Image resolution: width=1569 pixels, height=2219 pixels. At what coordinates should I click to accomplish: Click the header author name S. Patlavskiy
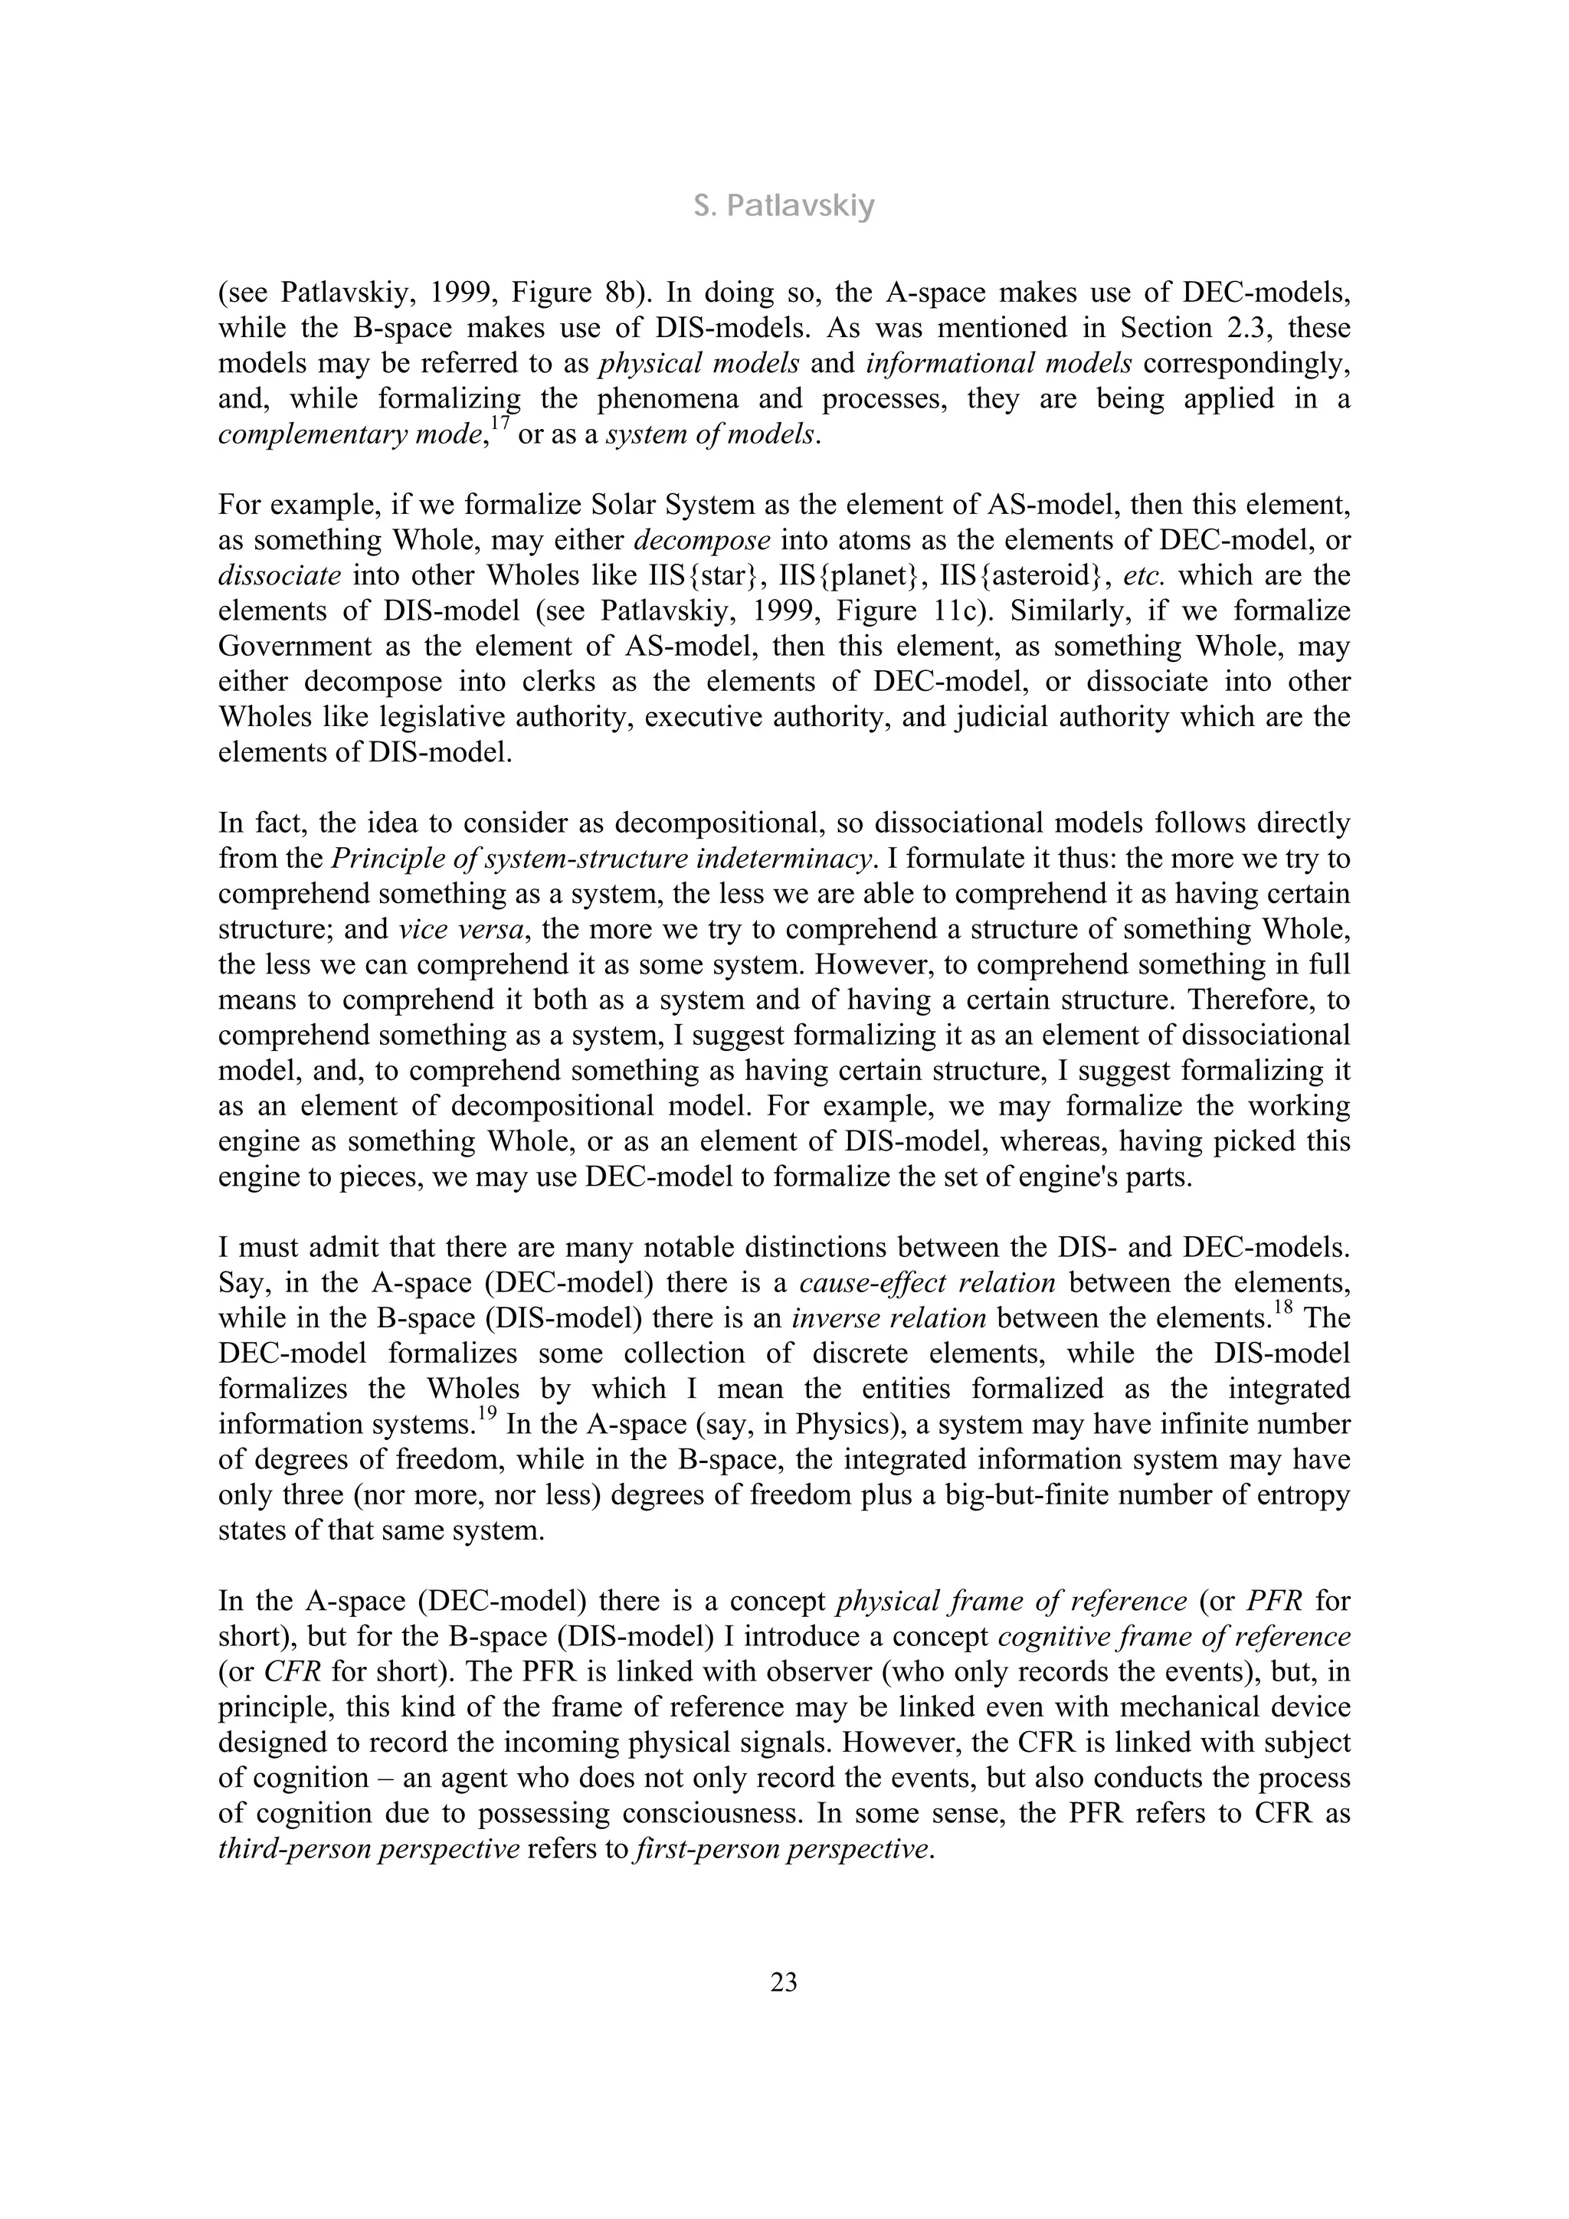(x=784, y=206)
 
